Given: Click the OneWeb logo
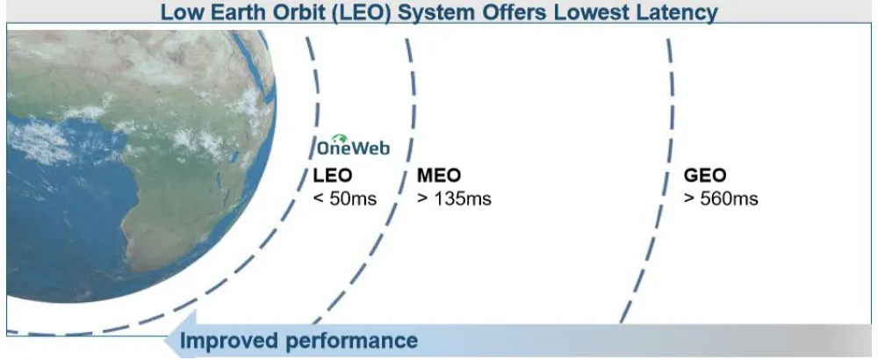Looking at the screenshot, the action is [x=353, y=145].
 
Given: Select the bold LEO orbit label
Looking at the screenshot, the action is [x=333, y=176].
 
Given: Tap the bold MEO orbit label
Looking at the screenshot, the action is [x=439, y=176].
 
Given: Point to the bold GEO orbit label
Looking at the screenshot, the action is [x=705, y=176].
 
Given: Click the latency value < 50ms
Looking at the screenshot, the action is [x=345, y=198].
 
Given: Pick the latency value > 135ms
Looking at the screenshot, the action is [x=454, y=198].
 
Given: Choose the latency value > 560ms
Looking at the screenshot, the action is [x=721, y=198].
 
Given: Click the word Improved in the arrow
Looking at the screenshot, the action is [x=229, y=341].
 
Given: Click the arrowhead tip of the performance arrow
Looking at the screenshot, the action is [x=163, y=341].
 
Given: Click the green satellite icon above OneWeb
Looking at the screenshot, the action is [x=339, y=138].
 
